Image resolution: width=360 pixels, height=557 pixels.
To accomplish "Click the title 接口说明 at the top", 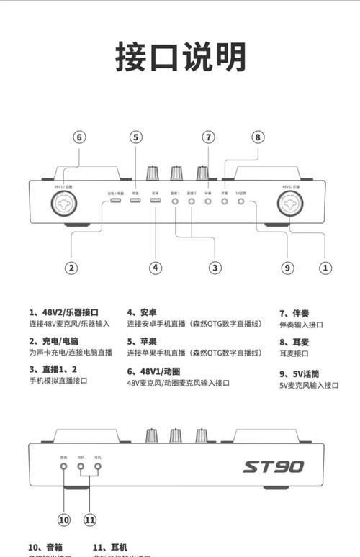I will pos(181,57).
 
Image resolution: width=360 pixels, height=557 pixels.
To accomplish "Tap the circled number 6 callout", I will pos(80,137).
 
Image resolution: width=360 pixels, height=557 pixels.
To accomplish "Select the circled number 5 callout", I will pos(136,137).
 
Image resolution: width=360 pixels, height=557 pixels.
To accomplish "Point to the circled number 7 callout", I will pos(209,137).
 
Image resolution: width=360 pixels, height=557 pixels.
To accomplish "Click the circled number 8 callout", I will pos(258,137).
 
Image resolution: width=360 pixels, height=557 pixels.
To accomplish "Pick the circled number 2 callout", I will pos(71,267).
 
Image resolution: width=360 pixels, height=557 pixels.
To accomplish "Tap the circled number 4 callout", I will pos(156,267).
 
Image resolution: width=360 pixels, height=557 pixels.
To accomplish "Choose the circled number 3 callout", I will pos(215,267).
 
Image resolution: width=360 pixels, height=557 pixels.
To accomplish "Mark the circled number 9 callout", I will pos(288,267).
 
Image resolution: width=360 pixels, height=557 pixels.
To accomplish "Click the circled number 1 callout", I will pos(325,267).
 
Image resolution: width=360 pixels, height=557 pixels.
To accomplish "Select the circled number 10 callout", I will pos(64,519).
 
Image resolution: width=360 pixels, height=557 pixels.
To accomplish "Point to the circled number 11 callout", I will pos(89,519).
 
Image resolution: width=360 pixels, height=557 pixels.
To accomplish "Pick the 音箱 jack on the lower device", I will pos(64,466).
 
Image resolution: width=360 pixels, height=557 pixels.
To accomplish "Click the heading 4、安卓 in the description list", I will pos(143,312).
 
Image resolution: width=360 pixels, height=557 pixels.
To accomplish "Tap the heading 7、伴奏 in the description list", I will pos(294,313).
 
